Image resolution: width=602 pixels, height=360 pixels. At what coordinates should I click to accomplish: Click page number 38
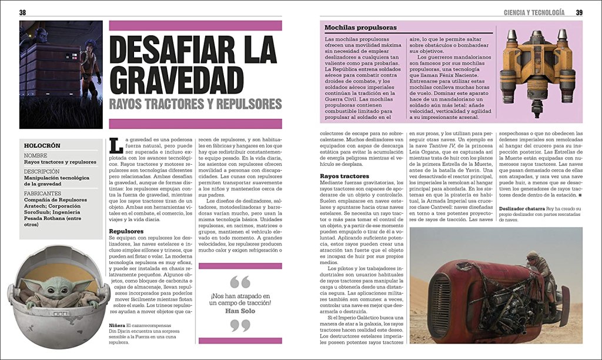click(x=22, y=12)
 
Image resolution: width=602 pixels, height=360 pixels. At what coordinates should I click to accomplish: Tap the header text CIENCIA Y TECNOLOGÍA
click(x=534, y=12)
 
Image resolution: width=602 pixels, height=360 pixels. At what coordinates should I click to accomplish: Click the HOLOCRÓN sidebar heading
click(x=44, y=145)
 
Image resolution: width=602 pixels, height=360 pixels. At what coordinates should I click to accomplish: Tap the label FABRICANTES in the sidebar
click(x=43, y=193)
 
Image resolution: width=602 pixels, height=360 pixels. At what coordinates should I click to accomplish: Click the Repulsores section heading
click(x=127, y=231)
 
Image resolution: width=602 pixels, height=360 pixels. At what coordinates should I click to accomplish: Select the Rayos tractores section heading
click(x=345, y=176)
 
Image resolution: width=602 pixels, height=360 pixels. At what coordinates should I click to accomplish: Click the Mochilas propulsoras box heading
click(x=360, y=28)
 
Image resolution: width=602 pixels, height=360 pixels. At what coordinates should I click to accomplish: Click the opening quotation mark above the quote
click(x=240, y=281)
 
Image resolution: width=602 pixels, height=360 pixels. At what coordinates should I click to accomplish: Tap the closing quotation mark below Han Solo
click(x=240, y=325)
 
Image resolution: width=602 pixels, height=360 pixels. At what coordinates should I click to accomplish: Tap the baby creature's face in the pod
click(x=58, y=284)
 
